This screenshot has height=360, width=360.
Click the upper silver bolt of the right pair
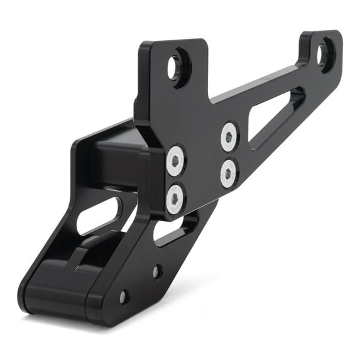pyautogui.click(x=229, y=136)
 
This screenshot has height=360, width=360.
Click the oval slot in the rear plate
pyautogui.click(x=99, y=215)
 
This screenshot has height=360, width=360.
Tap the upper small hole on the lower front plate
pyautogui.click(x=157, y=271)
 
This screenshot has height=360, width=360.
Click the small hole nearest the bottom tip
pyautogui.click(x=124, y=297)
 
